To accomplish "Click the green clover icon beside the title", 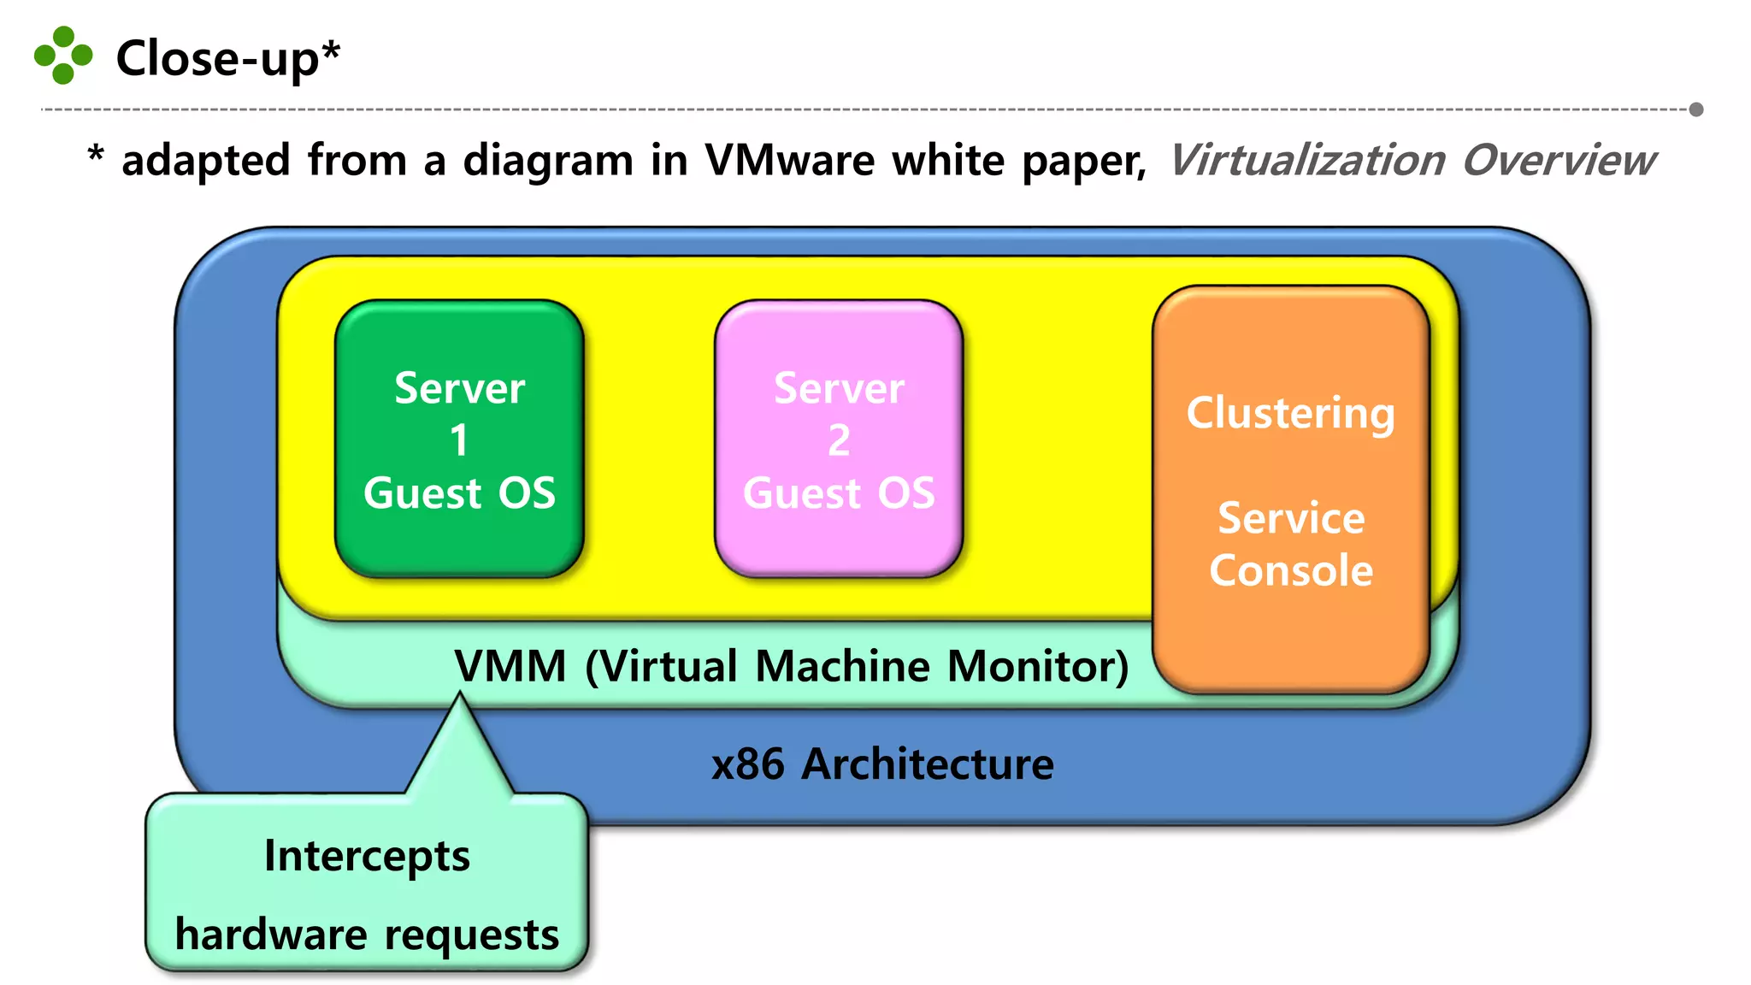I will pyautogui.click(x=62, y=56).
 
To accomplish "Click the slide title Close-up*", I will pyautogui.click(x=227, y=58).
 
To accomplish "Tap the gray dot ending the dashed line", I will pyautogui.click(x=1696, y=109).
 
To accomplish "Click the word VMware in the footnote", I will pyautogui.click(x=789, y=161).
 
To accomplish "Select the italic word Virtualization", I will pyautogui.click(x=1306, y=161).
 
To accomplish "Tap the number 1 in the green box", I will pyautogui.click(x=459, y=441).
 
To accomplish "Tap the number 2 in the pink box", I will pyautogui.click(x=839, y=441).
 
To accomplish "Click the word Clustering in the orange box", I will pyautogui.click(x=1290, y=414).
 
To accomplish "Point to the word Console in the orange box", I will pyautogui.click(x=1290, y=570).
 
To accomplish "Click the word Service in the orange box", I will pyautogui.click(x=1290, y=518).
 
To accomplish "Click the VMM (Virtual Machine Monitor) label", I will pyautogui.click(x=791, y=666).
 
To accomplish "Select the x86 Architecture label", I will pyautogui.click(x=882, y=764).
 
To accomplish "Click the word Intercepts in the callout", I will pyautogui.click(x=367, y=856).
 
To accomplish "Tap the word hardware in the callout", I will pyautogui.click(x=271, y=934).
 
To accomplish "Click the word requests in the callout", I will pyautogui.click(x=471, y=935).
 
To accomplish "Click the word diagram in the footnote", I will pyautogui.click(x=547, y=161).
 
